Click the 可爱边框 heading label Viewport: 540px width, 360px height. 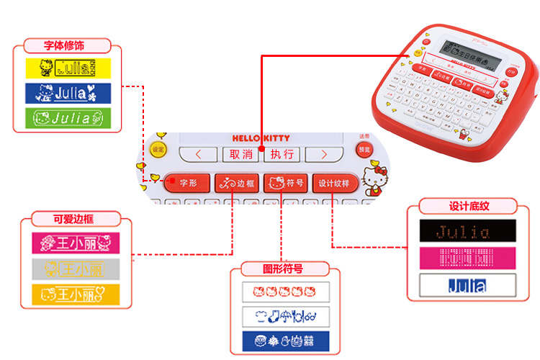click(x=74, y=219)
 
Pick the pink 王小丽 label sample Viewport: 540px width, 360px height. click(x=74, y=243)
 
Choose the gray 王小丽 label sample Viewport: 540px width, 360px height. click(x=74, y=269)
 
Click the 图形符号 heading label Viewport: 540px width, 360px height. click(x=282, y=269)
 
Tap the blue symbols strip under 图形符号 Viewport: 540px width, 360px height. click(x=285, y=341)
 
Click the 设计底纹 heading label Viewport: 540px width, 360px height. click(x=469, y=207)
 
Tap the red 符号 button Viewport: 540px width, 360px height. click(x=285, y=183)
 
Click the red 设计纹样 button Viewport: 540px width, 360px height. click(x=333, y=183)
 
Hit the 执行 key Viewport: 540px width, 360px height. click(x=282, y=153)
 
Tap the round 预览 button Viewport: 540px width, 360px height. click(x=364, y=149)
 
